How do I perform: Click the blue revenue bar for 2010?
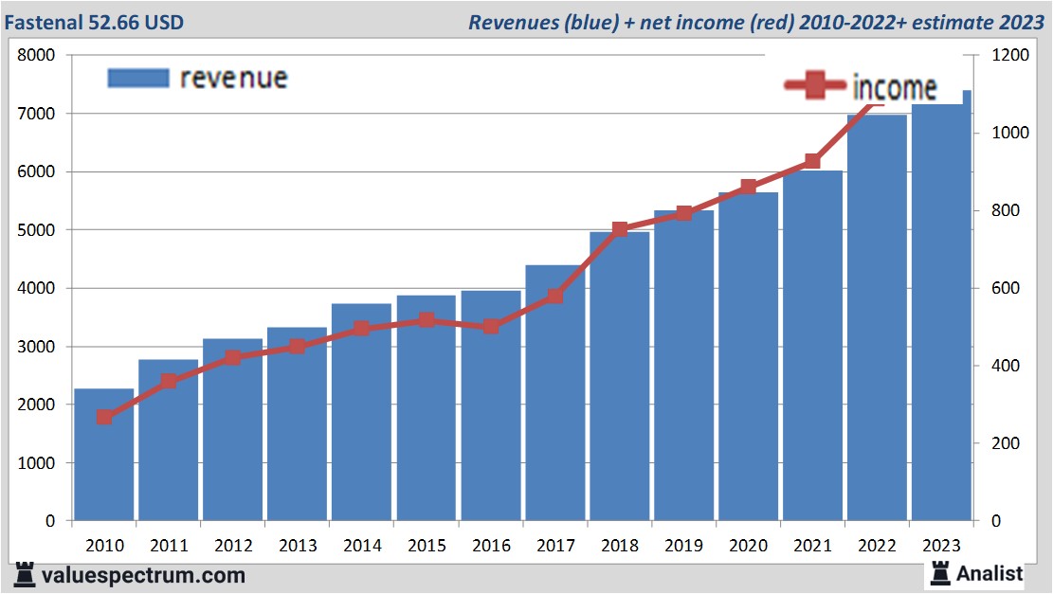point(104,455)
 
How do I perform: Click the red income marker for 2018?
point(620,230)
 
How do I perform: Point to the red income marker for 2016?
point(491,326)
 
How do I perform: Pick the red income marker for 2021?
point(812,162)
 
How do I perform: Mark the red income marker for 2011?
point(169,382)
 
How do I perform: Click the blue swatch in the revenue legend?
point(138,78)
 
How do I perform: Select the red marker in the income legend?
point(814,86)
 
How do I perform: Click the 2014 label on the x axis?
point(362,546)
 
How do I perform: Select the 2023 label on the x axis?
point(941,546)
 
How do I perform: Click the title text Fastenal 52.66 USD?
point(93,21)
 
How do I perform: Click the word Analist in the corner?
point(989,573)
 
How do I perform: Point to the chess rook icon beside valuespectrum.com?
point(26,574)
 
